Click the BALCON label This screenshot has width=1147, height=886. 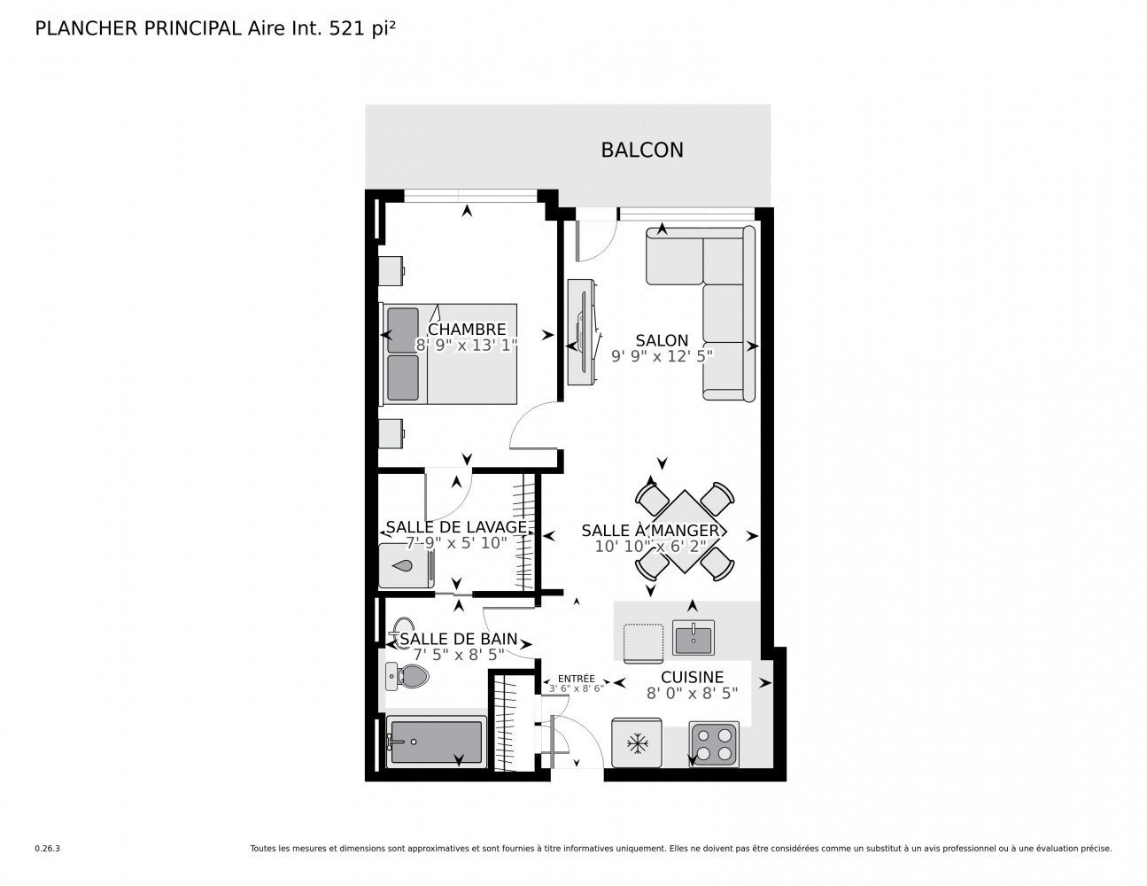click(642, 150)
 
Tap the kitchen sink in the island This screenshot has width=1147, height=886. click(693, 637)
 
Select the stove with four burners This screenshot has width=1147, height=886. click(714, 743)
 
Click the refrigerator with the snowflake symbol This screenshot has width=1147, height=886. click(637, 742)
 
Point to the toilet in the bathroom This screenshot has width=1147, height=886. click(407, 676)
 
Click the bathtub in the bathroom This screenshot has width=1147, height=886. click(436, 742)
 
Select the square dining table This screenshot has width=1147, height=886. click(685, 532)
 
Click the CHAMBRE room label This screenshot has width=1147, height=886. click(467, 330)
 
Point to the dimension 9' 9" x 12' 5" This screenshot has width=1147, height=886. click(662, 356)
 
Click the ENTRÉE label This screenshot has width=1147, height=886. click(576, 679)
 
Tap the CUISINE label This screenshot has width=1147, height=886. click(692, 677)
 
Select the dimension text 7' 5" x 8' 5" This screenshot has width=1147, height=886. click(458, 655)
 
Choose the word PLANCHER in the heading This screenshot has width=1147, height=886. click(86, 29)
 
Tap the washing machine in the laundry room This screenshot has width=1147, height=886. click(407, 566)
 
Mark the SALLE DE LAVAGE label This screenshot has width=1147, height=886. click(456, 527)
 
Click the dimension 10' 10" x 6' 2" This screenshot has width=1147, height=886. click(650, 547)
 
